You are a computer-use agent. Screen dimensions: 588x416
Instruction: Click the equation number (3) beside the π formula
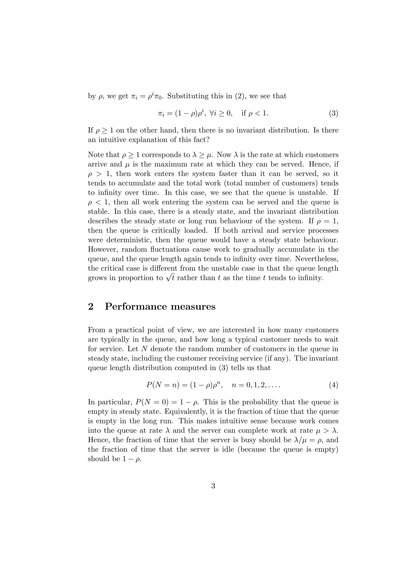[333, 113]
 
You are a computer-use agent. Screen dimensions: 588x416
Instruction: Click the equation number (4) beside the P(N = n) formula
[333, 385]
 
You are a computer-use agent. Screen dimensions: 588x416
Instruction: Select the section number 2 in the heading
[90, 307]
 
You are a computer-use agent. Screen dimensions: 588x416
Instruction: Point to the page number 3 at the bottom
[213, 486]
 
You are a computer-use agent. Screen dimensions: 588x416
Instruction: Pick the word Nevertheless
[317, 259]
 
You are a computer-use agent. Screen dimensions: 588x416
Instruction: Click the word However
[102, 250]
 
